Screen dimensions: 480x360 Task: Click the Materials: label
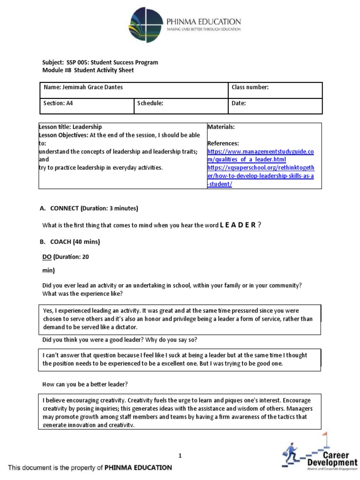click(221, 127)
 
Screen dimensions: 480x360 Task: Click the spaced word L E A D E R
click(238, 225)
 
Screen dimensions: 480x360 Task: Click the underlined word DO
click(47, 257)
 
